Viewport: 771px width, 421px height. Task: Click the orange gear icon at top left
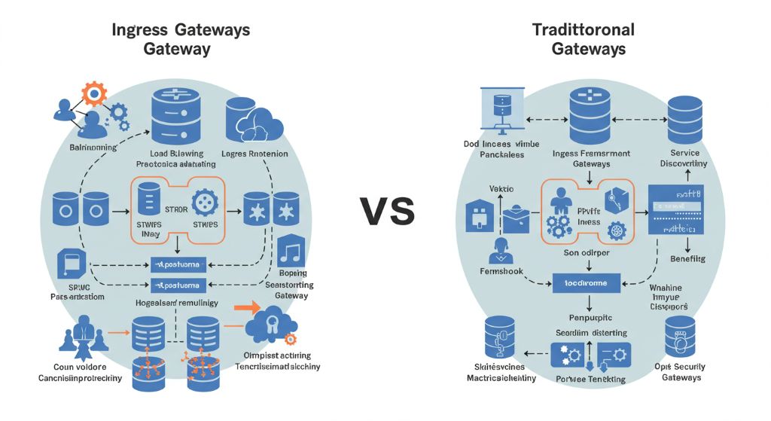[94, 94]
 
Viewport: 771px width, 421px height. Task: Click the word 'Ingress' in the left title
[141, 30]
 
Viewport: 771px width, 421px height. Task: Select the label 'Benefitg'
[687, 258]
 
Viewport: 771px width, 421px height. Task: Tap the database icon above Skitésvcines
[498, 337]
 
